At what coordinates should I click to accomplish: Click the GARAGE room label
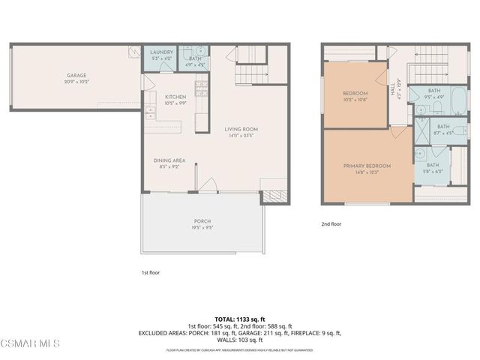point(76,76)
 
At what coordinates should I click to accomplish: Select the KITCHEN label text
point(175,97)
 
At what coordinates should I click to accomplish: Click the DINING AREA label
point(169,160)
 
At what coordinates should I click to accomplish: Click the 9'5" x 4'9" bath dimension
point(434,97)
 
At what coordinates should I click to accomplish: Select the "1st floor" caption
point(151,272)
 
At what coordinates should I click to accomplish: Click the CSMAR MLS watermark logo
point(30,344)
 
